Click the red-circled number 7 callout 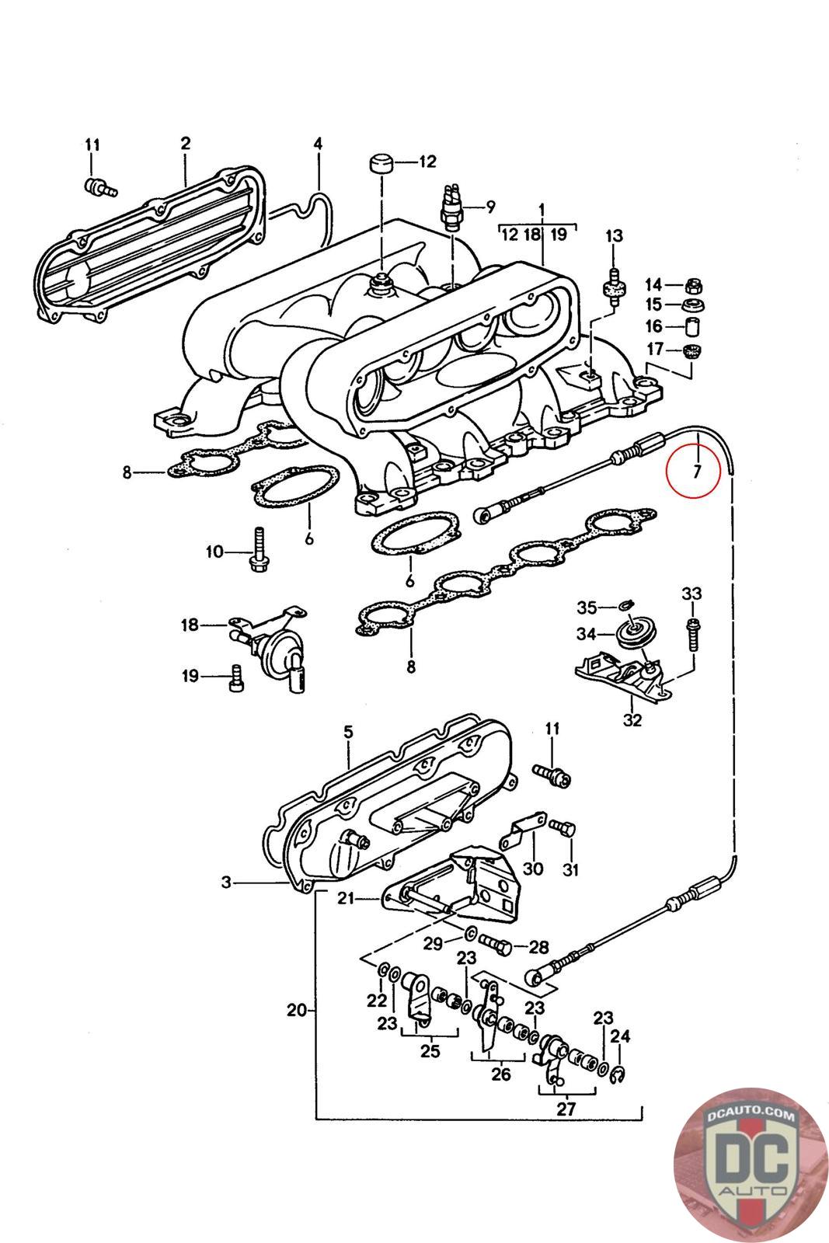pyautogui.click(x=697, y=470)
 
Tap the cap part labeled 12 pyautogui.click(x=380, y=164)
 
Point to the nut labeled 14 pyautogui.click(x=694, y=285)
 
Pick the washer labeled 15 pyautogui.click(x=694, y=305)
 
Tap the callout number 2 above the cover pyautogui.click(x=186, y=143)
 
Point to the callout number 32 pyautogui.click(x=632, y=719)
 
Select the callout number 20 pyautogui.click(x=296, y=1011)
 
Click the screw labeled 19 pyautogui.click(x=238, y=678)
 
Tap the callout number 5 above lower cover pyautogui.click(x=347, y=732)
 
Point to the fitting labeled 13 pyautogui.click(x=613, y=290)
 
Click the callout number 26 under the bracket pyautogui.click(x=501, y=1074)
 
